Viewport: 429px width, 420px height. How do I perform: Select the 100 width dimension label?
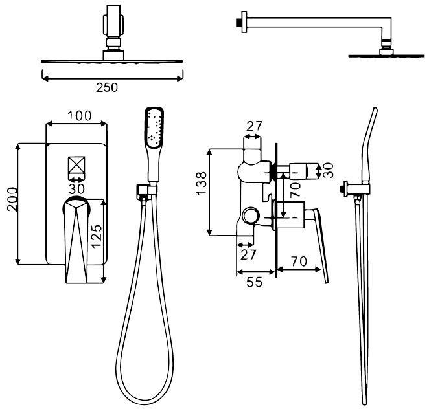tap(78, 116)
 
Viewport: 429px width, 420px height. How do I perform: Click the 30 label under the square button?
tap(76, 188)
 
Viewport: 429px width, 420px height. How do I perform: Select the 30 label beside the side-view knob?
tap(328, 171)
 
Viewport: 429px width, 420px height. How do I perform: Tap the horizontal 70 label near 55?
tap(299, 262)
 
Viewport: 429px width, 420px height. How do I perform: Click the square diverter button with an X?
tap(76, 164)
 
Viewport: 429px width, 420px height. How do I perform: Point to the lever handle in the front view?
tap(78, 239)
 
